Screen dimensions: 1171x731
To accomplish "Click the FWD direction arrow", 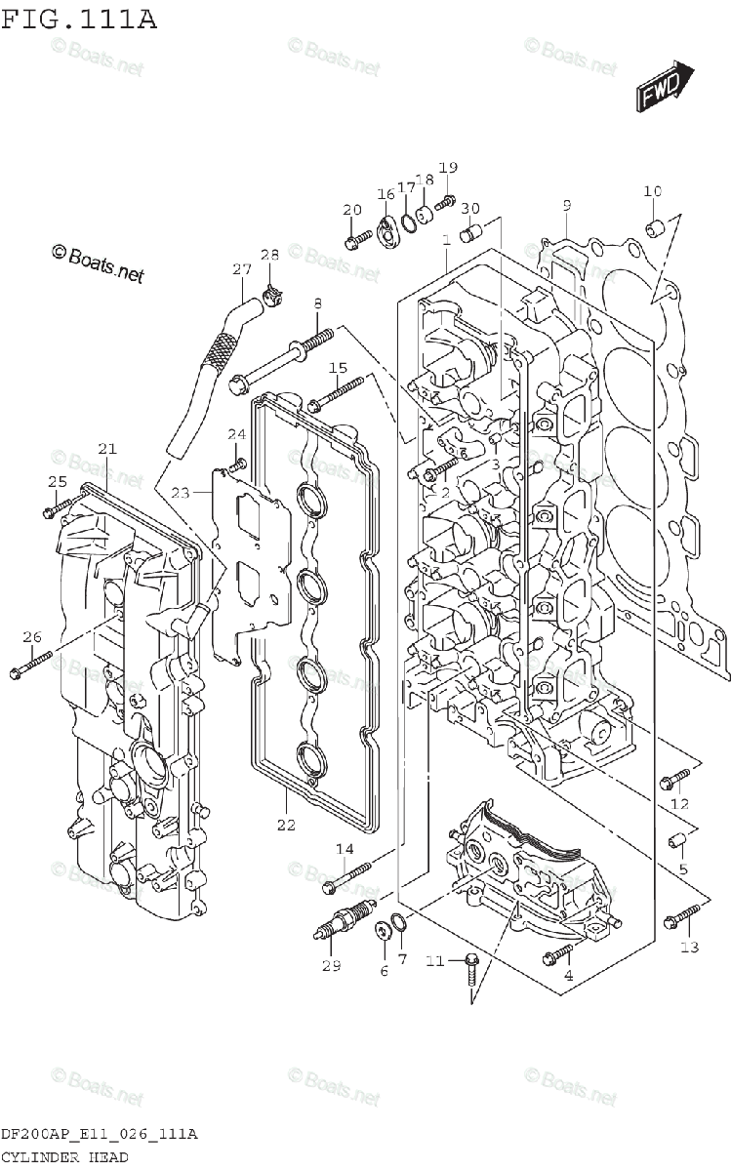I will [x=667, y=86].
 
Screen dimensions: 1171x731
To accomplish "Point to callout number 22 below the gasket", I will [x=285, y=825].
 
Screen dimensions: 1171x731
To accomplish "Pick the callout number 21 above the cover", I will [x=106, y=449].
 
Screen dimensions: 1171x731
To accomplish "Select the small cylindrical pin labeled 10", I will [x=655, y=228].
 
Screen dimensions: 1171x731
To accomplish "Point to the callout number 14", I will [x=345, y=849].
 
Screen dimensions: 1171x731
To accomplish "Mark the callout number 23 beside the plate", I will [x=179, y=494].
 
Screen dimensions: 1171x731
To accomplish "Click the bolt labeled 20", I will [x=358, y=235].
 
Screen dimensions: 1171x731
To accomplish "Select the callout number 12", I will [x=679, y=804].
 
